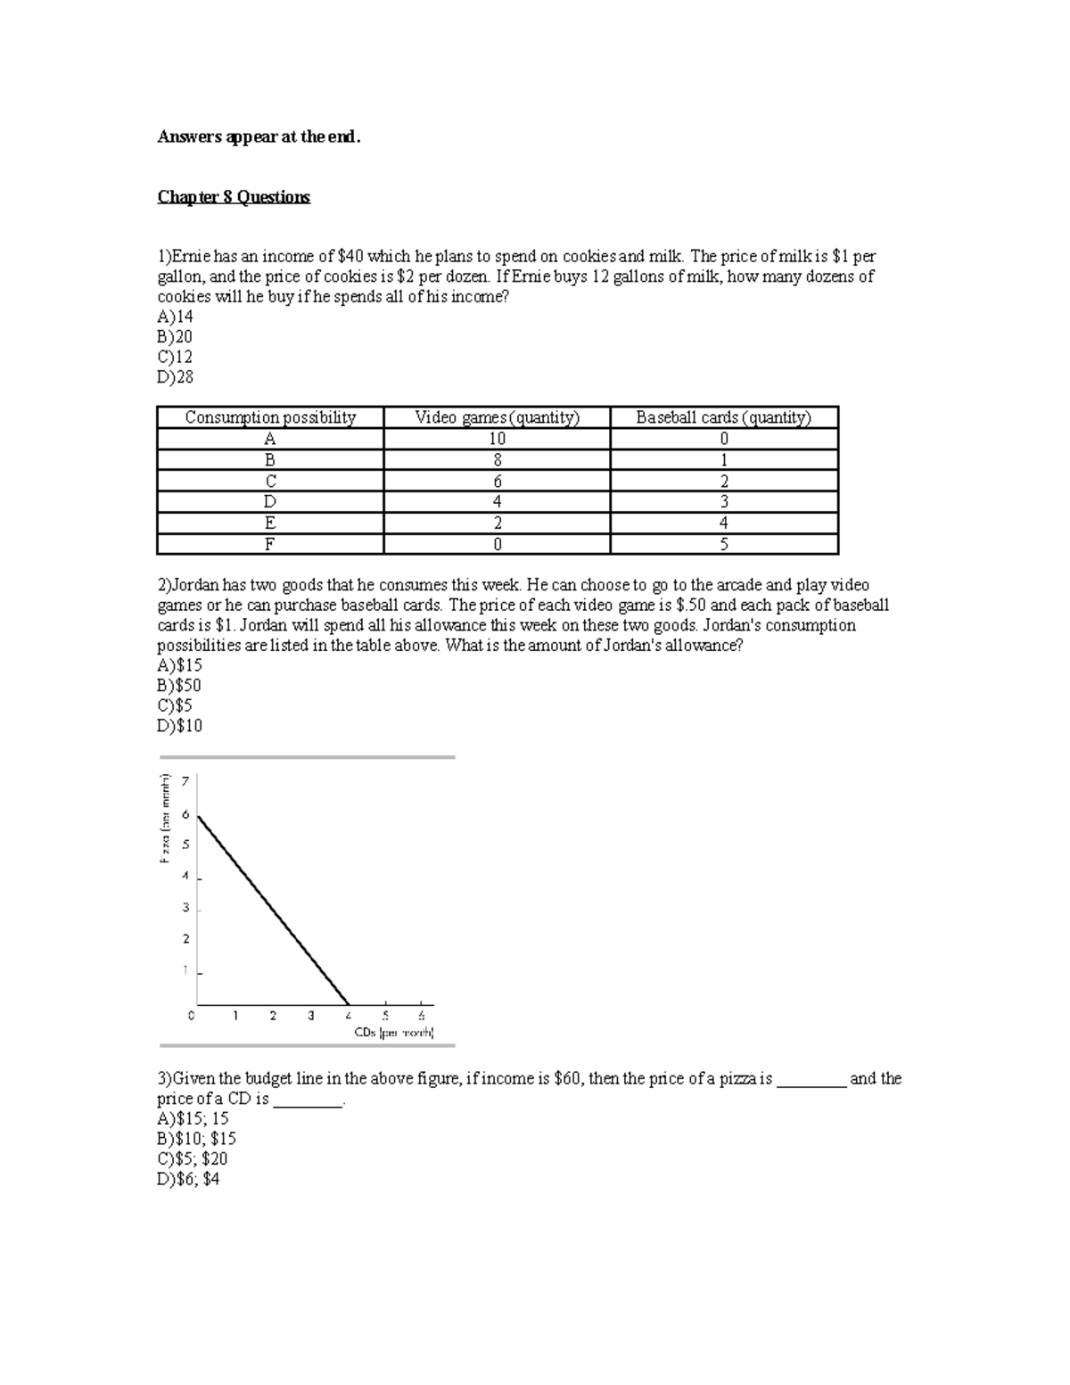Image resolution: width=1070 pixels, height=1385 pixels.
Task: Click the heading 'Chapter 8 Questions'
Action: tap(234, 197)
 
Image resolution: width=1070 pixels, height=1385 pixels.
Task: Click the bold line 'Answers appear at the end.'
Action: tap(259, 136)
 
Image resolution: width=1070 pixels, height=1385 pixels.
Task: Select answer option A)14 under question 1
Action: tap(176, 317)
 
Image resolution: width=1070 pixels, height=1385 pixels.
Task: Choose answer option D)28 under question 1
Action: tap(176, 376)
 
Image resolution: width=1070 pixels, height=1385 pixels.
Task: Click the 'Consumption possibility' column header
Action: tap(270, 417)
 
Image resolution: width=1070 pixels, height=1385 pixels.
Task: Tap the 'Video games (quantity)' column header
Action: tap(497, 417)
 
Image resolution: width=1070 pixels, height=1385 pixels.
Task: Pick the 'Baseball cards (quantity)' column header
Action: tap(723, 417)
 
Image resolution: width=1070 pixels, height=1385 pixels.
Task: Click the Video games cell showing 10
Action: tap(497, 439)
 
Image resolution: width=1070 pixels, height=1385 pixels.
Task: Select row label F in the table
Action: tap(270, 544)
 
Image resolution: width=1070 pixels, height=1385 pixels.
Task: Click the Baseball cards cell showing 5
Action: tap(723, 544)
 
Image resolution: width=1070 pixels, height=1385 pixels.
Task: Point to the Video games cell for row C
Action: tap(497, 481)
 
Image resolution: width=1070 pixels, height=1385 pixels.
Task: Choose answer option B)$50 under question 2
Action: tap(179, 685)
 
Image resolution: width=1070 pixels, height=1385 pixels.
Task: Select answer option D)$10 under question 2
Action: tap(180, 725)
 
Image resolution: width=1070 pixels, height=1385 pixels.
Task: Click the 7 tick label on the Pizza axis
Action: tap(185, 781)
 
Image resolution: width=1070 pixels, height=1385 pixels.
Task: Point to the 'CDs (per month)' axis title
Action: tap(393, 1033)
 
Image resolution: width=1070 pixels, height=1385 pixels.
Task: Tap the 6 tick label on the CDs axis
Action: tap(422, 1016)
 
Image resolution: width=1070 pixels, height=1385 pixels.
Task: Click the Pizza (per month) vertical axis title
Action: tap(165, 819)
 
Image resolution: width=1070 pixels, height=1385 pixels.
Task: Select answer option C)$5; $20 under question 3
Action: tap(193, 1158)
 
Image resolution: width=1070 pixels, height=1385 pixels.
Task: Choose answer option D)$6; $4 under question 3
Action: tap(188, 1179)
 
